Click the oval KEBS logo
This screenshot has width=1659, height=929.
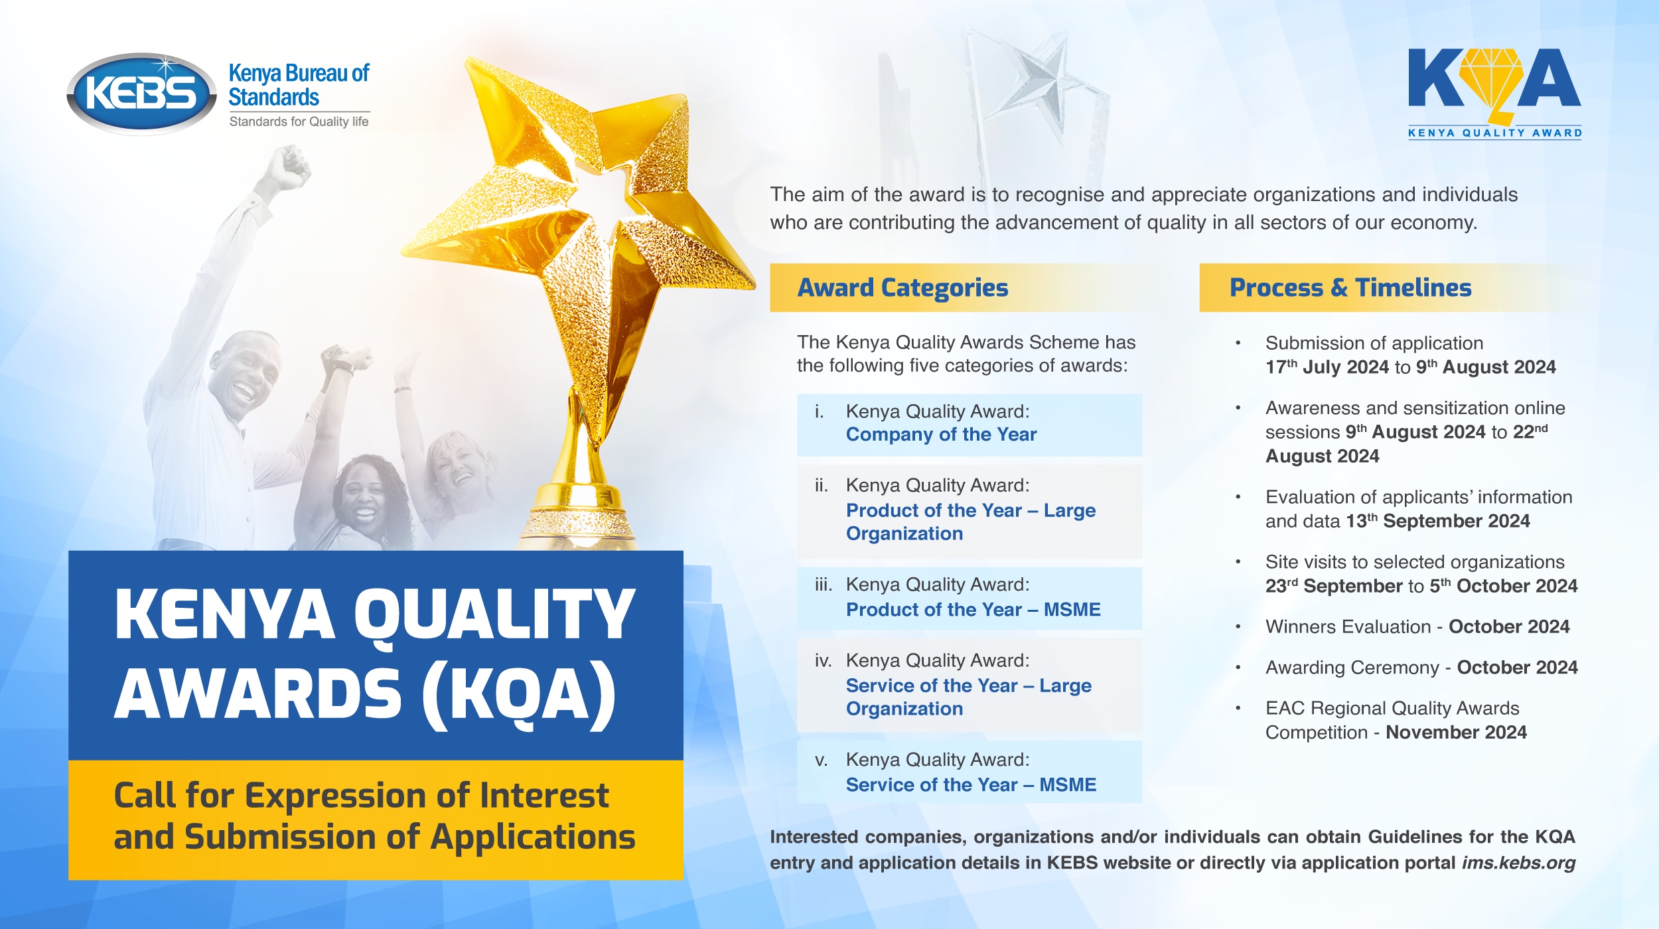point(141,94)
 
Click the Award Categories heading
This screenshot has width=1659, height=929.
point(902,288)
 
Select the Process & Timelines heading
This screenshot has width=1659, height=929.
point(1350,288)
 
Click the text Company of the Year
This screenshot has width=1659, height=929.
point(940,435)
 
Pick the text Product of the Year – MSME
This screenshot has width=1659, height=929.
point(973,610)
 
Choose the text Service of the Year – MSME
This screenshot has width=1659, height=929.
point(970,785)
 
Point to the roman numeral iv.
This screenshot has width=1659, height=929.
point(823,661)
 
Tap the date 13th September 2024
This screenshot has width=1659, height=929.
point(1437,522)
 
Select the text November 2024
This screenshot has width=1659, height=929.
point(1456,733)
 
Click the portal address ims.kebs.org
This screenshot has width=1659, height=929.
point(1518,863)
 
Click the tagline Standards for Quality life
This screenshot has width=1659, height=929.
point(299,121)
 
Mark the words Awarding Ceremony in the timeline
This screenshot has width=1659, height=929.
point(1350,668)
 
